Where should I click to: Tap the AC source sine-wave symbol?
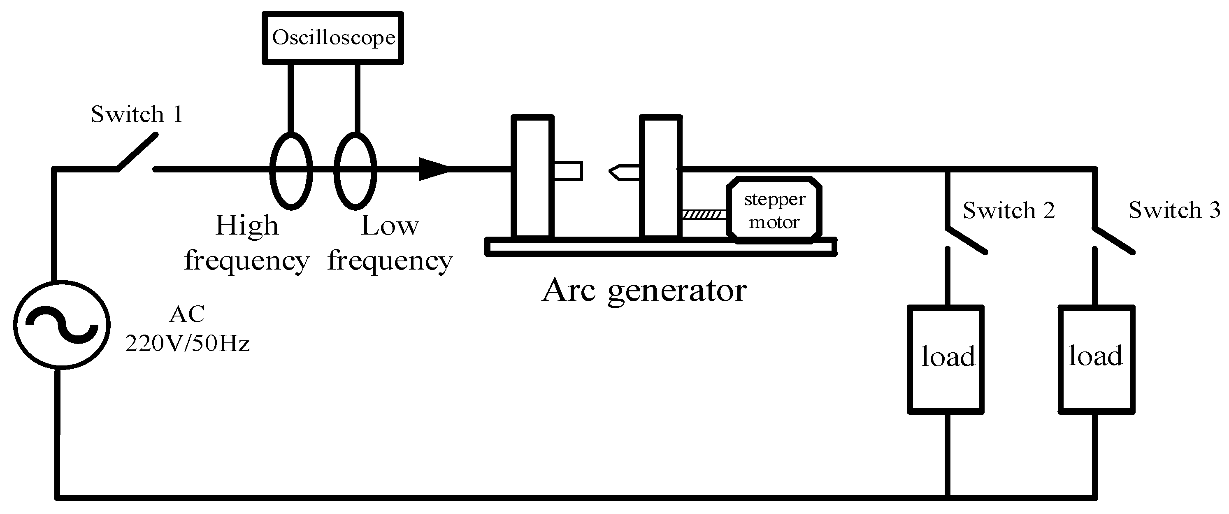tap(62, 325)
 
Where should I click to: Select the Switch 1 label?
tap(137, 114)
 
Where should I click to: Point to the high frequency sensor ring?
tap(291, 171)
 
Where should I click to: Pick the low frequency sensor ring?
tap(355, 171)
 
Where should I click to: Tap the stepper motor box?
tap(774, 210)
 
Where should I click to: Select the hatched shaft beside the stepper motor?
tap(704, 215)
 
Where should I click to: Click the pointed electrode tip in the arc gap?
tap(618, 172)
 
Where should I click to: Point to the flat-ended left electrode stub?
tap(568, 171)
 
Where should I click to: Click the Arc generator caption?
tap(644, 290)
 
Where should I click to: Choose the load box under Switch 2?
tap(946, 359)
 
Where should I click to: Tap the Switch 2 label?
tap(1008, 210)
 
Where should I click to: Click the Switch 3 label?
tap(1173, 210)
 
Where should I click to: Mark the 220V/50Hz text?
tap(188, 344)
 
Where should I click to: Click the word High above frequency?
tap(246, 225)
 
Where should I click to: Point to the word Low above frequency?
tap(390, 225)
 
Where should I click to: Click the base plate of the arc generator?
tap(661, 247)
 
